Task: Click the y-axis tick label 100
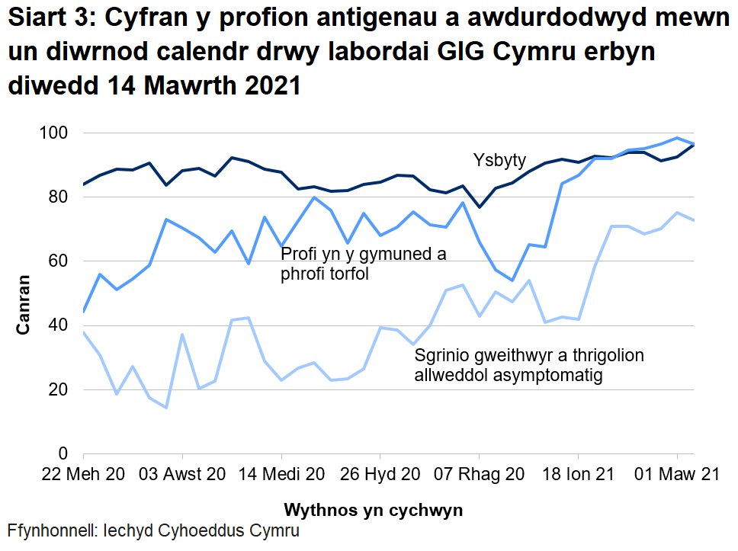(56, 133)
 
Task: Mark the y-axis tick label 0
(65, 453)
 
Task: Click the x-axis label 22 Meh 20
(84, 474)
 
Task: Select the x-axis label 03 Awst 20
(183, 474)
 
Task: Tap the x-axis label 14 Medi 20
(281, 474)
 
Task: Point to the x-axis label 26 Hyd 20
(380, 474)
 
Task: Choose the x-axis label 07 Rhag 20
(479, 474)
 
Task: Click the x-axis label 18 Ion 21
(577, 474)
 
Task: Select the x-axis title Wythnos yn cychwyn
(373, 508)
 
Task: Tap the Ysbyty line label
(499, 160)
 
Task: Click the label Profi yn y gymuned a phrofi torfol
(364, 264)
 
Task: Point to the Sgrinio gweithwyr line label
(529, 365)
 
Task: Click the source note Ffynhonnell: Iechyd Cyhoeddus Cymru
(153, 531)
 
